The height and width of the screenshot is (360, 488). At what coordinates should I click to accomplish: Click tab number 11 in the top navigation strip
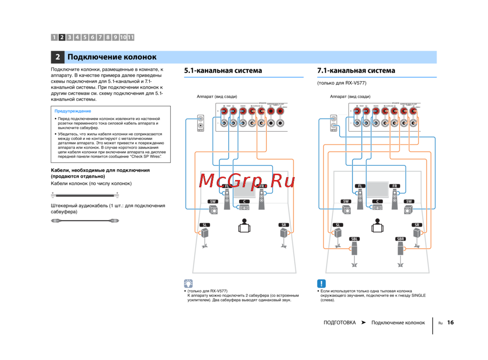click(131, 37)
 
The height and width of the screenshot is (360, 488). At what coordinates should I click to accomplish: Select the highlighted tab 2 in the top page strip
click(62, 37)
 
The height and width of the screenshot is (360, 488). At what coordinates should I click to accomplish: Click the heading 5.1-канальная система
click(223, 71)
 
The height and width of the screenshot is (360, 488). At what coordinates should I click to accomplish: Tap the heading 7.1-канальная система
click(356, 71)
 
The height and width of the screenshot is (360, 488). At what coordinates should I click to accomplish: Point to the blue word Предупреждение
click(73, 111)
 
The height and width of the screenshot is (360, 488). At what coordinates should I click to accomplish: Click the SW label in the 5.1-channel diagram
click(213, 201)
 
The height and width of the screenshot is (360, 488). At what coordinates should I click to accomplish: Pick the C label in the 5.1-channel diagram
click(244, 201)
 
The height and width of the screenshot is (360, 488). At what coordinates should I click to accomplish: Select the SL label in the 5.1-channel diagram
click(205, 225)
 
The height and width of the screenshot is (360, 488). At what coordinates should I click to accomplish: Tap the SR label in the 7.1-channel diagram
click(416, 225)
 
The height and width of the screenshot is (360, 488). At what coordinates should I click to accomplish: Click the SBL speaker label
click(355, 239)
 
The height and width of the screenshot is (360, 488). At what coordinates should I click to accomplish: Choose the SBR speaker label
click(401, 239)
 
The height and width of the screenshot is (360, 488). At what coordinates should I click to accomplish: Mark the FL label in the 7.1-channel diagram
click(360, 186)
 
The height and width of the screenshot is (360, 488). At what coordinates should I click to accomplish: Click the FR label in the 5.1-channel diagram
click(262, 186)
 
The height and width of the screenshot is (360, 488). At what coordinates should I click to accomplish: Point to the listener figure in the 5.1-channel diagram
click(244, 226)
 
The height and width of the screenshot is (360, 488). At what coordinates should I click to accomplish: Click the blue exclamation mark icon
click(322, 283)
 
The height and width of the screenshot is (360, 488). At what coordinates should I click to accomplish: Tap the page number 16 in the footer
click(450, 322)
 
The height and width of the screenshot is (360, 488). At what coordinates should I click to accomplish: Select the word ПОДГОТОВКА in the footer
click(339, 323)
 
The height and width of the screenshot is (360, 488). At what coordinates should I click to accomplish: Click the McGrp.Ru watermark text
click(247, 181)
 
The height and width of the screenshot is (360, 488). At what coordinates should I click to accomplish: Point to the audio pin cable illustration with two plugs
click(85, 221)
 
